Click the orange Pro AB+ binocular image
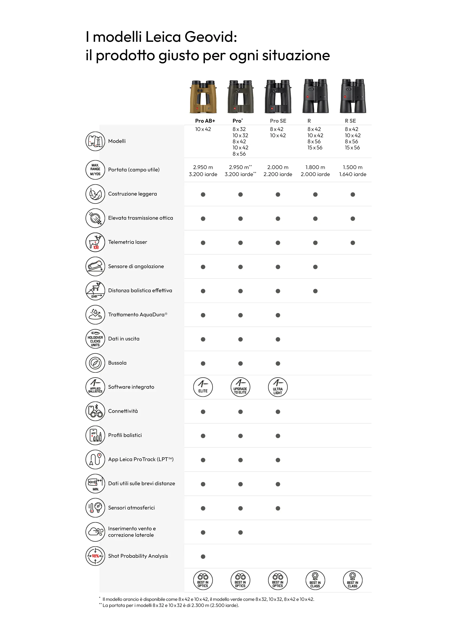coord(203,97)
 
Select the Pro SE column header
coord(278,121)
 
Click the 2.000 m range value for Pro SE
coord(278,167)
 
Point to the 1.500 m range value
coord(353,167)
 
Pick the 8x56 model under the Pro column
coord(239,154)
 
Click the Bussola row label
coord(117,363)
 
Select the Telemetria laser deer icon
coord(95,242)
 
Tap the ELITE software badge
coord(203,387)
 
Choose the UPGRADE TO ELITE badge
coord(240,387)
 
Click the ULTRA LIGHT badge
coord(278,387)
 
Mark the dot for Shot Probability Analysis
coord(203,557)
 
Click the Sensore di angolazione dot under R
coord(315,267)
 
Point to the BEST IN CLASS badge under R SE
coord(353,580)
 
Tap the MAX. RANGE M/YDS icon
coord(95,170)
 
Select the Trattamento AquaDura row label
coord(138,315)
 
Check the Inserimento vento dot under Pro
coord(240,532)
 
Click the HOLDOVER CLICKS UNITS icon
coord(95,339)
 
